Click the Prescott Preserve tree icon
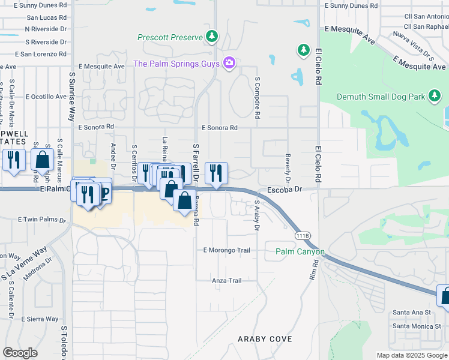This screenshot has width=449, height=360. (211, 37)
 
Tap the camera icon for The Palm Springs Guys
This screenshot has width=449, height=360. (228, 63)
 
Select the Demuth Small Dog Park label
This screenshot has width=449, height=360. (381, 97)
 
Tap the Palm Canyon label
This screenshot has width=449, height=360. (300, 251)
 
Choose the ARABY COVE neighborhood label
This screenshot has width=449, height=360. (265, 339)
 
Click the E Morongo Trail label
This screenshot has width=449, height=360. (226, 250)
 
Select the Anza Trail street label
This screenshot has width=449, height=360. (227, 280)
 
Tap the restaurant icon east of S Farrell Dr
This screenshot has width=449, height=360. (217, 173)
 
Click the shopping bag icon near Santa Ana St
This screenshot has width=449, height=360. (445, 296)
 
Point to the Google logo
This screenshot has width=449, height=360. (20, 353)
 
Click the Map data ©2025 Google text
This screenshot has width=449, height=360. (411, 355)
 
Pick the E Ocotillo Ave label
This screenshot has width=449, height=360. (46, 97)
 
